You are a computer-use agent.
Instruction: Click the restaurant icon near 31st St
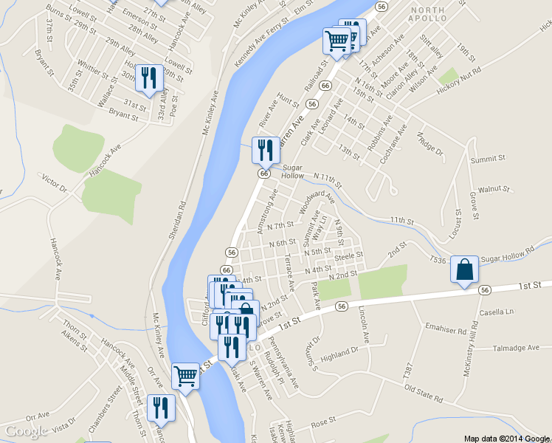[149, 78]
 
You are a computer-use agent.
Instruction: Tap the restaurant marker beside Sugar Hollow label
[264, 150]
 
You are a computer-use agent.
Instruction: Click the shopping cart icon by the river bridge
[184, 376]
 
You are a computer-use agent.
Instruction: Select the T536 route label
[438, 260]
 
